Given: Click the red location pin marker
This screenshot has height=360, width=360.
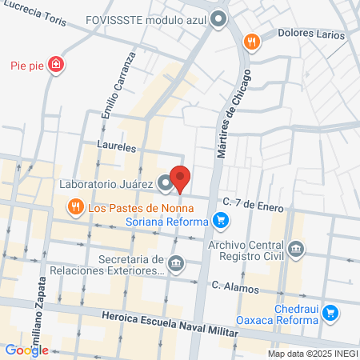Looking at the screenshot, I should (x=181, y=178).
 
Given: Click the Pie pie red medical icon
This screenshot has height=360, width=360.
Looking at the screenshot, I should (x=56, y=64).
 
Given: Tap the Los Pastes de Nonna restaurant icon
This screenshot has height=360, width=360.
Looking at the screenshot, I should (x=76, y=208).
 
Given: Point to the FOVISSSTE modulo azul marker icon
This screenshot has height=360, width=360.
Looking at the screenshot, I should (x=218, y=22).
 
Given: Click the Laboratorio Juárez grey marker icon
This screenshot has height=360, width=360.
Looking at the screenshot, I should (x=165, y=184).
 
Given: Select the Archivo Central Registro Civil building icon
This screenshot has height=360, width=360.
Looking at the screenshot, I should (x=297, y=250).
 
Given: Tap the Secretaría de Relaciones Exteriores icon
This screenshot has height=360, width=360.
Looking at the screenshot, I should (x=177, y=262).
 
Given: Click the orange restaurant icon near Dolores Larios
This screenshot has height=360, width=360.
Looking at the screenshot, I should (x=251, y=42).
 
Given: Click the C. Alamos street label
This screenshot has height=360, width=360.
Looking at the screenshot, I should (x=235, y=286).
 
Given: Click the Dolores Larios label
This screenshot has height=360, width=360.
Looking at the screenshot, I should (x=311, y=35).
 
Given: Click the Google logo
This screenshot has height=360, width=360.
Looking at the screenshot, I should (x=26, y=350).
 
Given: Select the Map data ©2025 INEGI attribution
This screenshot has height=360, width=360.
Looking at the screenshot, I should (x=312, y=354).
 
